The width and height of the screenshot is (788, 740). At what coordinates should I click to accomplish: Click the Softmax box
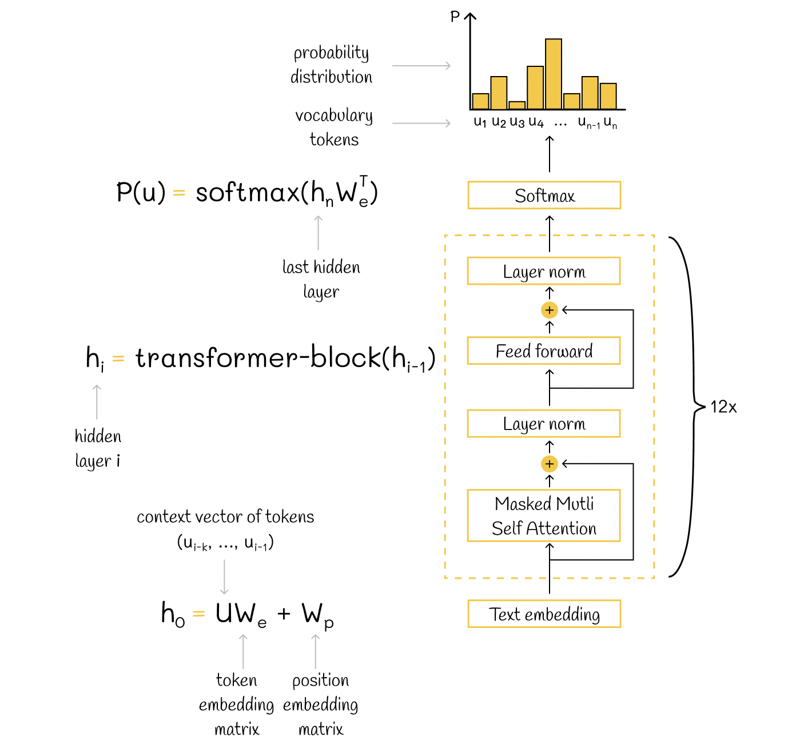point(544,196)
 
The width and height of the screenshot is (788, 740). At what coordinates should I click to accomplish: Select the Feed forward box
point(544,351)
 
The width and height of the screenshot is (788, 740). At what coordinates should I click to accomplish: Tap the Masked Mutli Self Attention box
point(544,515)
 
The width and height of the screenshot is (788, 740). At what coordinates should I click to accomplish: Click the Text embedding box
point(544,614)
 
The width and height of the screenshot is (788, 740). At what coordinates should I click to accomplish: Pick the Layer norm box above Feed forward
point(544,271)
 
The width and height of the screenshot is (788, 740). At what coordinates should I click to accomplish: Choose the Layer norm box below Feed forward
point(544,424)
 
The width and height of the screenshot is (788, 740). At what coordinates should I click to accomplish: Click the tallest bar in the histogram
point(554,74)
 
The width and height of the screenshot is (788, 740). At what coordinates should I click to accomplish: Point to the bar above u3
point(517,105)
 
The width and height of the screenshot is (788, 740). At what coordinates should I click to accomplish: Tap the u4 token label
point(536,122)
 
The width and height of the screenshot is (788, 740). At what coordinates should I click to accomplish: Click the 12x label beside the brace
point(723,407)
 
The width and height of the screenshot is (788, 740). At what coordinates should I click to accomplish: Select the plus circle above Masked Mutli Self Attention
point(550,464)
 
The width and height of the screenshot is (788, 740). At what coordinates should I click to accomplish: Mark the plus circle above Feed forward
point(550,311)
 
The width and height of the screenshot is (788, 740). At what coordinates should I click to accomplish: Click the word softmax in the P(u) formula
point(247,193)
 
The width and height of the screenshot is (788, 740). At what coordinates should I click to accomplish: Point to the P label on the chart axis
point(455,17)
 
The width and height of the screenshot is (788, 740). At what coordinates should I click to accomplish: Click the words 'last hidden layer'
point(321,279)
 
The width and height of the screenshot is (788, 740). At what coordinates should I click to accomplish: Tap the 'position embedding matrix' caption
point(321,704)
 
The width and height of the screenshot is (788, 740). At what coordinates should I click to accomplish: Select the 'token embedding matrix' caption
point(237,704)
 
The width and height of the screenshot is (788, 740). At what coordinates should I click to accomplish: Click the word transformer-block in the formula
point(258,358)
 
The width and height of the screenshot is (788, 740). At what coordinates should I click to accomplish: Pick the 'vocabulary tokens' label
point(334,127)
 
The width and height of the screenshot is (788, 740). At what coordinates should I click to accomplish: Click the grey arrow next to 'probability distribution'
point(421,66)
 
